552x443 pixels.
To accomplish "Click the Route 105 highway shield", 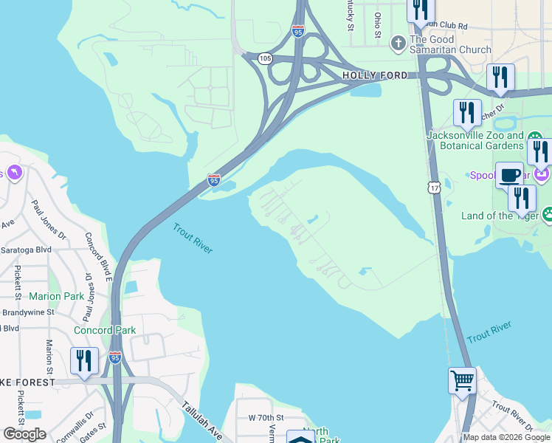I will (266, 58).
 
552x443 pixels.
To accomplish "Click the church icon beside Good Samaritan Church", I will (398, 42).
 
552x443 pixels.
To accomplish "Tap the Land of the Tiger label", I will (500, 216).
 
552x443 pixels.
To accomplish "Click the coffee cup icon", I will (509, 175).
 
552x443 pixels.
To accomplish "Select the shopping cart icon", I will (463, 381).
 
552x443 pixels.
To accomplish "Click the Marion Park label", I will (57, 297).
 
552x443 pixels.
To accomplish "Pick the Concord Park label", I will (104, 330).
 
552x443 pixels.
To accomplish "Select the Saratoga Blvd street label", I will (26, 250).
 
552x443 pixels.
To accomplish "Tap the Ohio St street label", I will (377, 24).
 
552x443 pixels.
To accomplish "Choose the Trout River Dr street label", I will (512, 416).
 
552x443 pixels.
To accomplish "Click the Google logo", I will (24, 434).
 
